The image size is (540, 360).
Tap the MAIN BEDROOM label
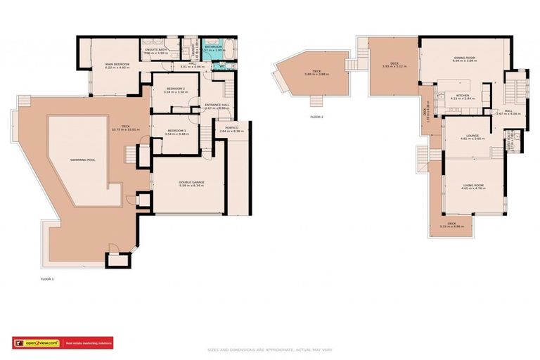pyautogui.click(x=117, y=65)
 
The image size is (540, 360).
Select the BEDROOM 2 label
pyautogui.click(x=174, y=89)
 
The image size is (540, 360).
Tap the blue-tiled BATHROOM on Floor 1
pyautogui.click(x=214, y=48)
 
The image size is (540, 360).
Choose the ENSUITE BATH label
pyautogui.click(x=155, y=49)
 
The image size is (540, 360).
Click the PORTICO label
pyautogui.click(x=231, y=129)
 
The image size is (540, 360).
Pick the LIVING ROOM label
pyautogui.click(x=472, y=185)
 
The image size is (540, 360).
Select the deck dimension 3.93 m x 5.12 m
pyautogui.click(x=394, y=66)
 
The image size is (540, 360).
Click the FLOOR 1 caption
pyautogui.click(x=47, y=279)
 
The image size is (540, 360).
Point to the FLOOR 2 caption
pyautogui.click(x=317, y=117)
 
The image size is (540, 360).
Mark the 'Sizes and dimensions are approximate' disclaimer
pyautogui.click(x=269, y=349)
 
